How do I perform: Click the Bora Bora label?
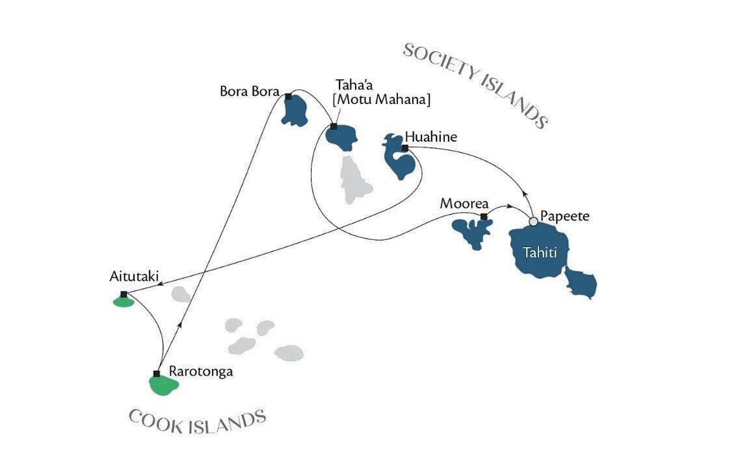coord(249,90)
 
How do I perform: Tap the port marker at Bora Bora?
coord(288,96)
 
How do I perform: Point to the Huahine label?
coord(430,137)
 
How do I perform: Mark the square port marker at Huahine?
coord(404,148)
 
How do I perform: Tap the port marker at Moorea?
coord(483,217)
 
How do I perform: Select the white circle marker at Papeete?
coord(533,222)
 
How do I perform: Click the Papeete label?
coord(566,217)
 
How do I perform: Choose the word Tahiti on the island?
coord(539,253)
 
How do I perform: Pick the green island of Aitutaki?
coord(123,301)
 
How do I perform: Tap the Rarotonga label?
coord(200,372)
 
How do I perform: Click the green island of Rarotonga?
coord(163,386)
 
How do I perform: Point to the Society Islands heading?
coord(475,85)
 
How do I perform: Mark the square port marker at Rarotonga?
coord(156,373)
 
